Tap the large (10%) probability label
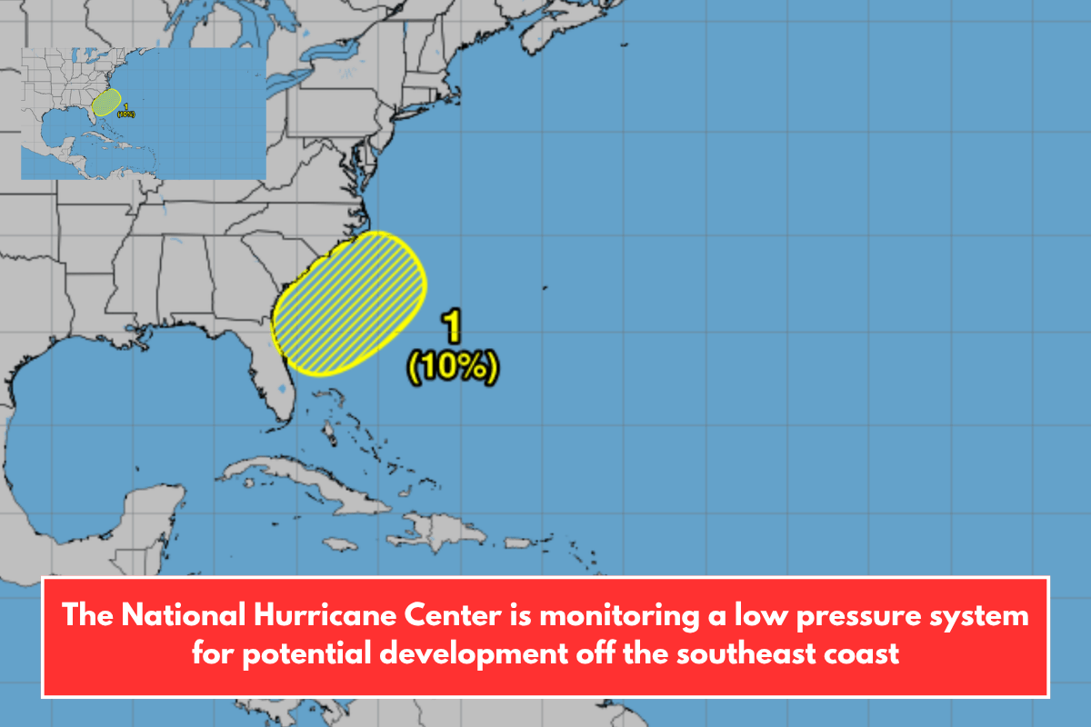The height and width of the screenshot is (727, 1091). pos(454,368)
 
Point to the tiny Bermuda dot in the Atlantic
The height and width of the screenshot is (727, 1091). pos(545,289)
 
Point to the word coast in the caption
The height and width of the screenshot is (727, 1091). pos(867,652)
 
